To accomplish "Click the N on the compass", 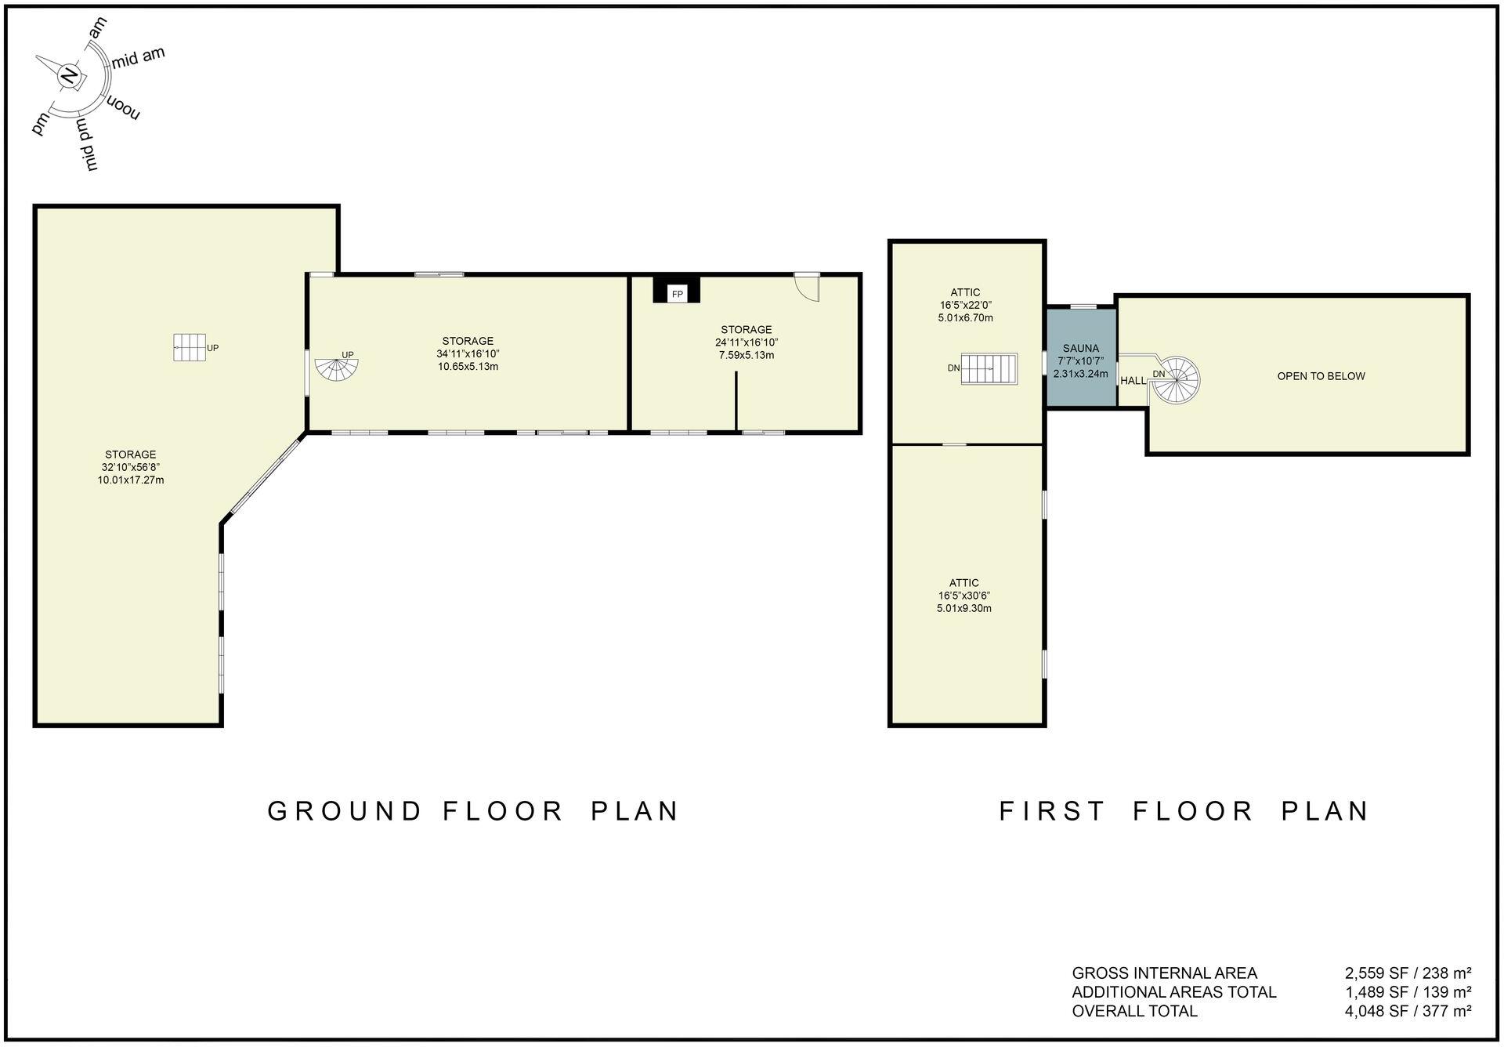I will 70,75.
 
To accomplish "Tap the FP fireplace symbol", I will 677,293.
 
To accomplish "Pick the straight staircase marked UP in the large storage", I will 189,347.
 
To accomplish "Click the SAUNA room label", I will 1080,348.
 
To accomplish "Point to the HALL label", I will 1133,381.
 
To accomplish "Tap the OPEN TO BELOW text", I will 1321,376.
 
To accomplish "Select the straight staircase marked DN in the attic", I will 989,368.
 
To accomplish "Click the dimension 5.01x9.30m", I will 963,608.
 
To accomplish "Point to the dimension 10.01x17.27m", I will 130,480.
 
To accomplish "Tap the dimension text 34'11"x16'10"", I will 468,353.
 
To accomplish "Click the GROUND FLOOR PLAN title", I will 473,811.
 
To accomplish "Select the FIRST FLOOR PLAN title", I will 1184,811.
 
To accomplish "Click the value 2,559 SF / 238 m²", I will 1408,973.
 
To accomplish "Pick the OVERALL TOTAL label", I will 1134,1011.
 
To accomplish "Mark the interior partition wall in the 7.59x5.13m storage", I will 736,400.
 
